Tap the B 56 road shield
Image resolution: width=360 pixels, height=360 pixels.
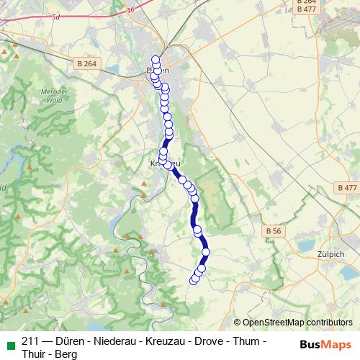272,231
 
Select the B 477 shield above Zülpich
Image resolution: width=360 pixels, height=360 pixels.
346,187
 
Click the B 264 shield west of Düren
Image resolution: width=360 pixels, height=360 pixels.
86,64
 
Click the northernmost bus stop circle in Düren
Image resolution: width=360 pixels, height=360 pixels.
155,60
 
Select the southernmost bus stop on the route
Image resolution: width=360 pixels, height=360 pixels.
193,280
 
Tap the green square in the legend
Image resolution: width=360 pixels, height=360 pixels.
10,341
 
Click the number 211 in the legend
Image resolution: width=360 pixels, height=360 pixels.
31,341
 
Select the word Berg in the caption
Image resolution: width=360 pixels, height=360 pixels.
67,354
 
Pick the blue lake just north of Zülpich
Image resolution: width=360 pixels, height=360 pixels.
302,244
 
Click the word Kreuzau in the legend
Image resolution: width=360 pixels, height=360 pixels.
168,341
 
